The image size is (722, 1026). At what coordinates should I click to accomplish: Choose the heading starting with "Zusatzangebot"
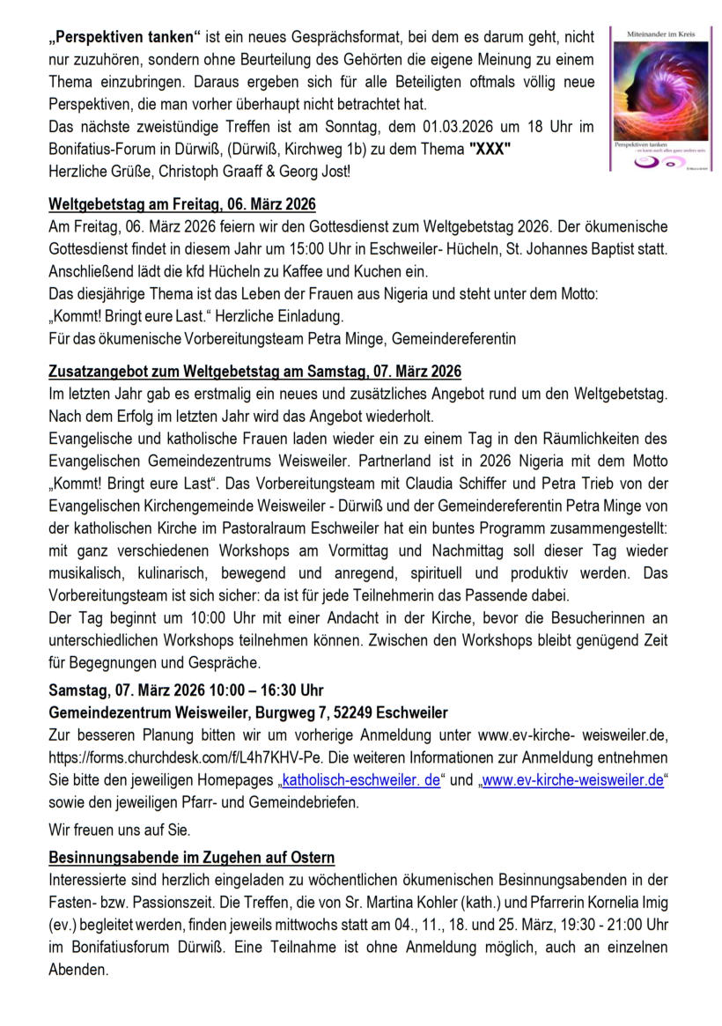point(255,374)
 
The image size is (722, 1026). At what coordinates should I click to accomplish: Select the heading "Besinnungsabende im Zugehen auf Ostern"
point(191,858)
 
